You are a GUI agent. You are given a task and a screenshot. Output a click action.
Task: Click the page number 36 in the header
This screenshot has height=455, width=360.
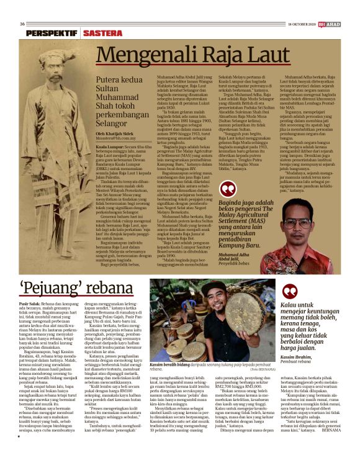[22, 24]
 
